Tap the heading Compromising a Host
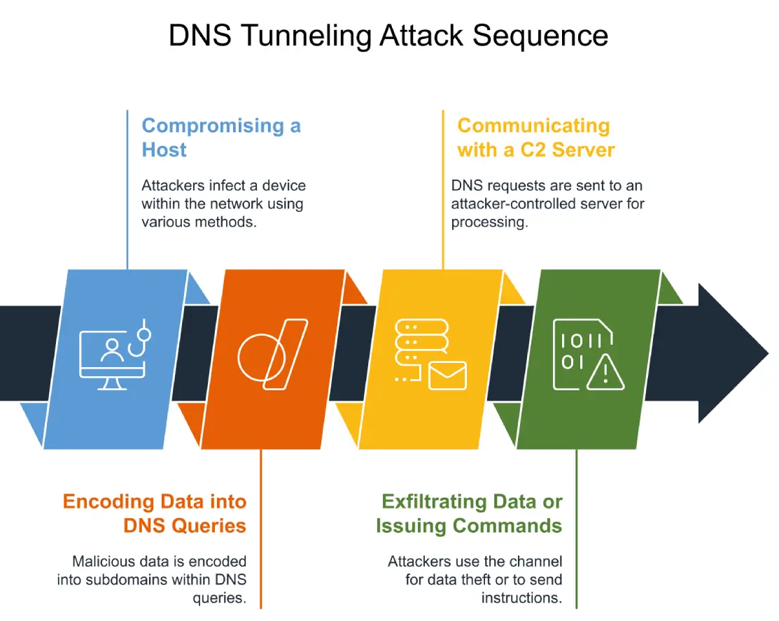pos(221,138)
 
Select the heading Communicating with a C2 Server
pos(536,138)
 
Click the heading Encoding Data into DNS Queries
pos(155,513)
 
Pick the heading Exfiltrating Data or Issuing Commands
pos(469,513)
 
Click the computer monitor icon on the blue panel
pos(112,360)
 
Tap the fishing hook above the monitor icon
pos(140,338)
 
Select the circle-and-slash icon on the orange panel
pos(273,355)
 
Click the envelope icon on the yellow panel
pos(447,376)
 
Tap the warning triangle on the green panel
pos(605,372)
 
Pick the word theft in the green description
pos(491,579)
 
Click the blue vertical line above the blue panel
pos(127,190)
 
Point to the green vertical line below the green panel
pos(576,529)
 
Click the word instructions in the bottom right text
pos(521,598)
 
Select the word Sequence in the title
pos(540,36)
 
